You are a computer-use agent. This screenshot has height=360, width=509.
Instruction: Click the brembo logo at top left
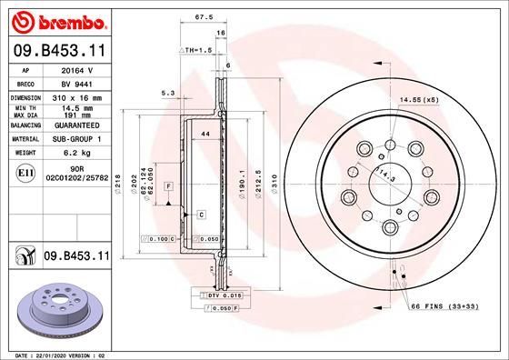click(55, 19)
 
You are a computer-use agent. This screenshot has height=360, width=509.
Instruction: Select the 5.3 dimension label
click(166, 93)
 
